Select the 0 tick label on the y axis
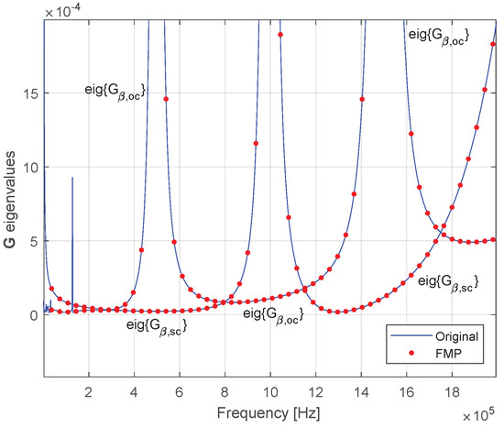(x=33, y=314)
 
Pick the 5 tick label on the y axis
(x=33, y=241)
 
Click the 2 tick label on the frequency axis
(x=89, y=389)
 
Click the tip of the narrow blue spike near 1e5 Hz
(x=72, y=178)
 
